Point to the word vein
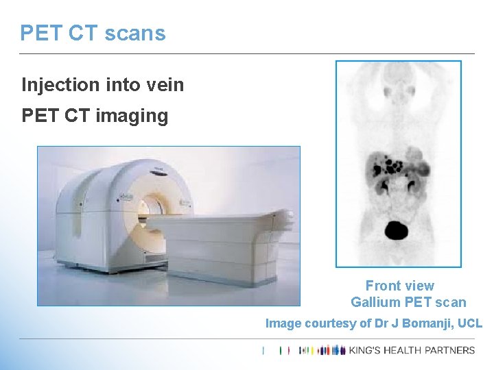(164, 85)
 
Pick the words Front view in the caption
(399, 286)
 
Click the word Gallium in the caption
(375, 302)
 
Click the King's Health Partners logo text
(412, 350)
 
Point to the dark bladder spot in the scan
(396, 230)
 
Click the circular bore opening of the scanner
(152, 208)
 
